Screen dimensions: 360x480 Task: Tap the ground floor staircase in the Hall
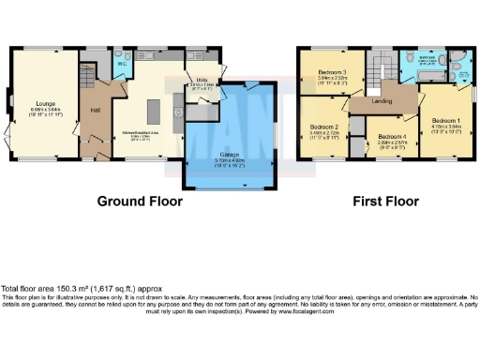click(x=91, y=75)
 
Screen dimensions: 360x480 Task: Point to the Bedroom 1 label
click(x=446, y=120)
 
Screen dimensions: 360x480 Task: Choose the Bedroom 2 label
click(x=324, y=127)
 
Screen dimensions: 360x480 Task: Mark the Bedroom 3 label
click(x=332, y=73)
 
